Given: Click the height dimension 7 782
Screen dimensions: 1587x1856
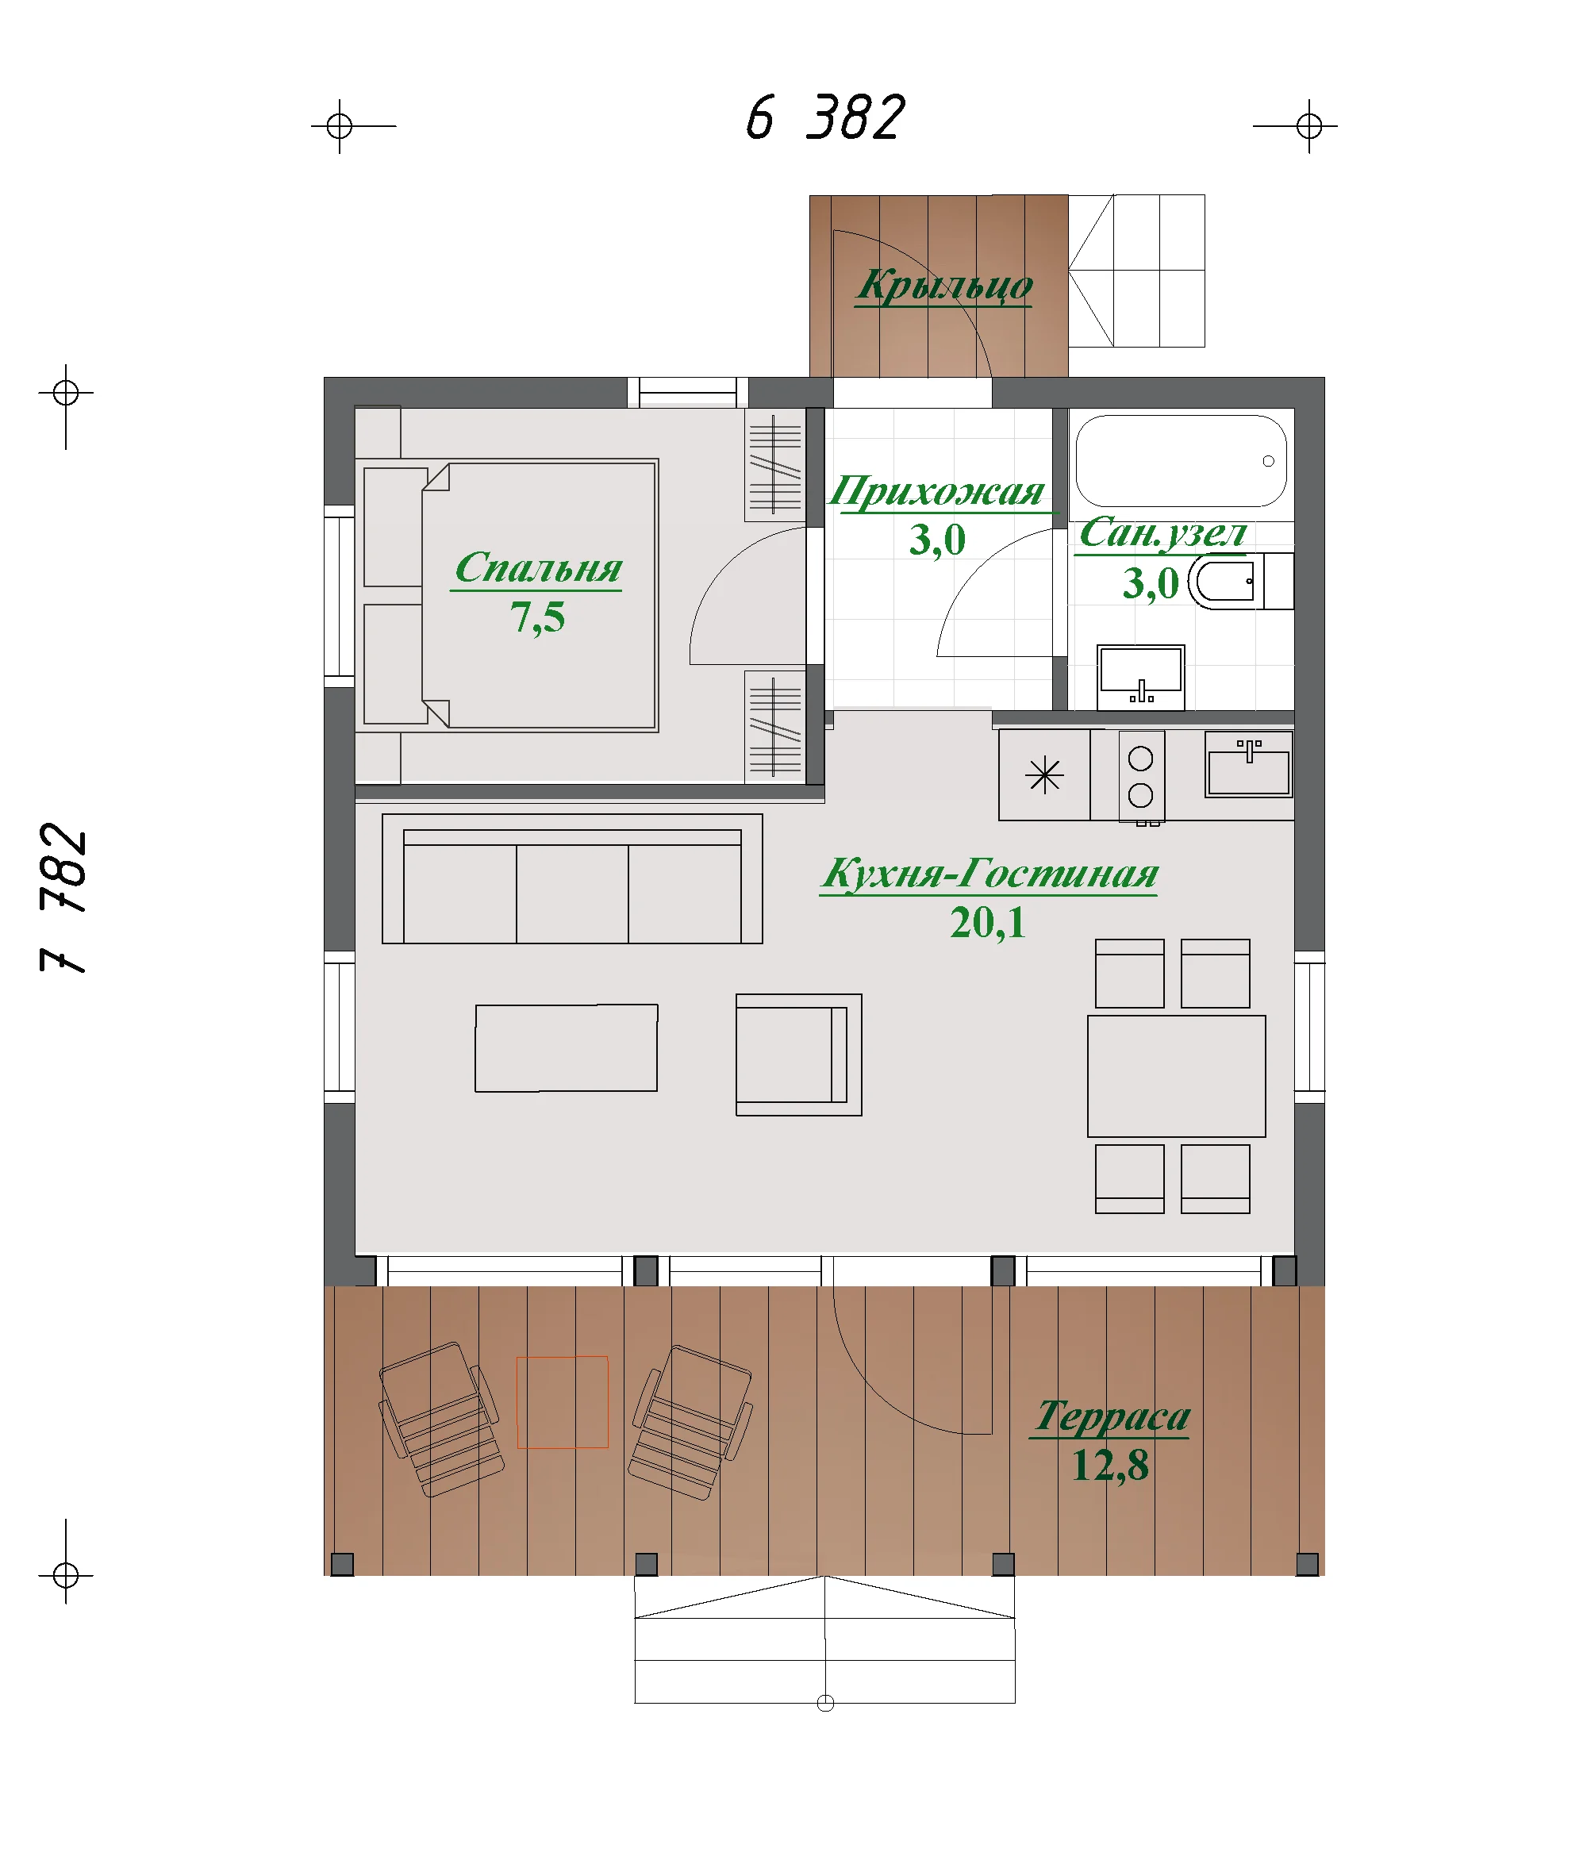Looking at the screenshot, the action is click(x=64, y=897).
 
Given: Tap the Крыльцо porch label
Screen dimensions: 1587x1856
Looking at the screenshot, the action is click(x=944, y=286).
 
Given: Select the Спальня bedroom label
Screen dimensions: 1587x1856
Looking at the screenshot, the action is click(x=537, y=569).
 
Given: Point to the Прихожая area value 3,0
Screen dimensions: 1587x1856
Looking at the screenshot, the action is click(x=937, y=540).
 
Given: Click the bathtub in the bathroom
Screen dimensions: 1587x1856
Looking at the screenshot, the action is click(x=1181, y=460).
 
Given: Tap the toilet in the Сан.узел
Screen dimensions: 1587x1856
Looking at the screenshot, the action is click(x=1240, y=582).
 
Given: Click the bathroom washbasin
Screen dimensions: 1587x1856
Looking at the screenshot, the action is click(x=1140, y=677).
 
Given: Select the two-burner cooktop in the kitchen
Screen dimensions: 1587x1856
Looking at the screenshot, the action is click(x=1141, y=776).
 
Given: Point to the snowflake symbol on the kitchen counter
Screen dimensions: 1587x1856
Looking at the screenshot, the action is click(x=1044, y=774).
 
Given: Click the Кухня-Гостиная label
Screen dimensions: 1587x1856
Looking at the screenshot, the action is click(x=989, y=874).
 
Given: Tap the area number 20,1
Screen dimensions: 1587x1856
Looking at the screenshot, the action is click(x=987, y=923).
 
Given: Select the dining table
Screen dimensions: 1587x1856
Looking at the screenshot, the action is click(x=1176, y=1076).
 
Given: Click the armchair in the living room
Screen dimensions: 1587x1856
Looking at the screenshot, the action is click(x=798, y=1055).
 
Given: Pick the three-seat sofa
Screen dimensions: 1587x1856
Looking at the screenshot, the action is click(x=571, y=878).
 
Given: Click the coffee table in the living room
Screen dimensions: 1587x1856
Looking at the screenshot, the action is click(x=566, y=1048).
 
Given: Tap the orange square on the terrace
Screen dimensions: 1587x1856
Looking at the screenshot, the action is click(x=563, y=1402).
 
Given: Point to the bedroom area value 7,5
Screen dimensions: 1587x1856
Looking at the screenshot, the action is click(x=537, y=618).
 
